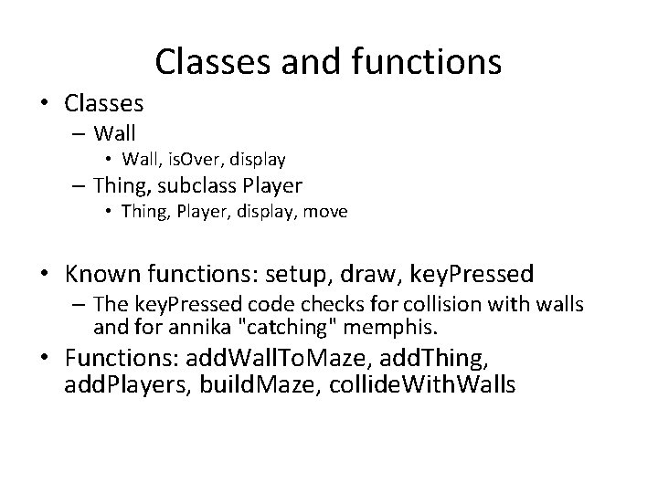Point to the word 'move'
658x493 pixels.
[326, 213]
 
